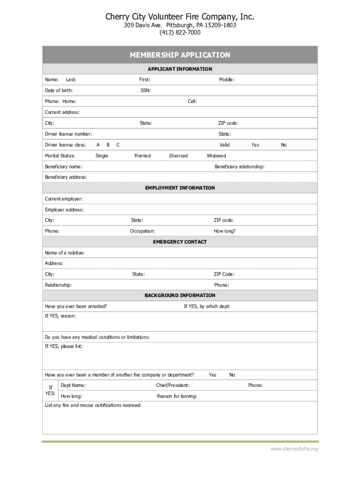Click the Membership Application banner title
pos(180,55)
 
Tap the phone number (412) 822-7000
pos(180,33)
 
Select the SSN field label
pos(145,90)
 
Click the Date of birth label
pos(58,90)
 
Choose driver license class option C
pos(118,145)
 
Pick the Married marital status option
pos(142,156)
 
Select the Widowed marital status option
pos(216,156)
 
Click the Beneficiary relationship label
pos(239,167)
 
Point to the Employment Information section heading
pos(180,188)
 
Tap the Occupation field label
pos(142,231)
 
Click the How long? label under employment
pos(224,231)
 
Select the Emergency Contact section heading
pos(180,242)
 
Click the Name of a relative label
pos(65,253)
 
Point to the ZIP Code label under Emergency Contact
pos(224,274)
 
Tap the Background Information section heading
pos(180,296)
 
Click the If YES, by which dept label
pos(207,306)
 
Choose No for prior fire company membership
pos(232,375)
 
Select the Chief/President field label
pos(173,385)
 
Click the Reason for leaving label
pos(177,396)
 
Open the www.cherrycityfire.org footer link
pos(294,449)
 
